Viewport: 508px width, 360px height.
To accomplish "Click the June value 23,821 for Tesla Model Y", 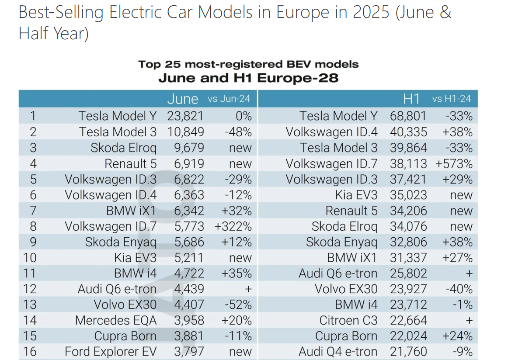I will coord(185,116).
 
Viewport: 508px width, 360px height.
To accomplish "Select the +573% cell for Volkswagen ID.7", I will coord(454,164).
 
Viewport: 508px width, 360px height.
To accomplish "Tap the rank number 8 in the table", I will coord(33,227).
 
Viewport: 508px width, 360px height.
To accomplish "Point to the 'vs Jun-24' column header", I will coord(229,99).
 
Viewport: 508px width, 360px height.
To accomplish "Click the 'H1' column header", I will coord(411,99).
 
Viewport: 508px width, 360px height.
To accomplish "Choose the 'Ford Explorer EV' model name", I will coord(110,352).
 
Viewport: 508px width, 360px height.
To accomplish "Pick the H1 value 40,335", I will coord(408,132).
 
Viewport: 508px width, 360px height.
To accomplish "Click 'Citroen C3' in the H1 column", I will coord(348,320).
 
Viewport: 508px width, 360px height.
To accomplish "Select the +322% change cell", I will coord(233,227).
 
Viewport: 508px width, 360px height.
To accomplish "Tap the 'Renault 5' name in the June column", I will coord(130,164).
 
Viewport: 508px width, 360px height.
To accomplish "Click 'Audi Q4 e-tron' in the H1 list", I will coord(338,352).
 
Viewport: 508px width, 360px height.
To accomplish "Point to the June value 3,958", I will coord(185,320).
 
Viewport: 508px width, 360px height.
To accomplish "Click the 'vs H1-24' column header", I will coord(452,99).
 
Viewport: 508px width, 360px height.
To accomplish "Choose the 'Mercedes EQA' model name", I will coord(115,320).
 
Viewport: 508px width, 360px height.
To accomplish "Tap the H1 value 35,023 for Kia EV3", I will coord(408,195).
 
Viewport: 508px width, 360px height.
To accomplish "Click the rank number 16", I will coord(30,352).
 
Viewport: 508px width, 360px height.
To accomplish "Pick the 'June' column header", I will coord(183,99).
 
